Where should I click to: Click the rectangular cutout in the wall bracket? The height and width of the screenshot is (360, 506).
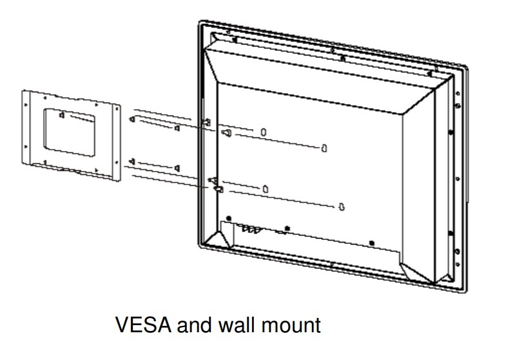(x=68, y=132)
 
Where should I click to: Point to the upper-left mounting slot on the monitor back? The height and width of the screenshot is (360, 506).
(x=264, y=131)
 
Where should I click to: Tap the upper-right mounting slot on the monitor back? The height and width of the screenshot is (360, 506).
(x=324, y=148)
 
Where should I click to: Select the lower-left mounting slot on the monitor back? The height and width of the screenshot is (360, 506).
(x=266, y=188)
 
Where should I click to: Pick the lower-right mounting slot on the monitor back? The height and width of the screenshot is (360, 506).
(x=341, y=206)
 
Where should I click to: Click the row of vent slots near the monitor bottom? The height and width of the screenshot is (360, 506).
(x=249, y=227)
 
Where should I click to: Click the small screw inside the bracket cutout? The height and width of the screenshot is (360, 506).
(x=61, y=116)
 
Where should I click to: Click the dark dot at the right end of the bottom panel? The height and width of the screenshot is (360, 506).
(x=371, y=242)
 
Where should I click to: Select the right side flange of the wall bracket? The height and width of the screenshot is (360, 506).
(x=117, y=142)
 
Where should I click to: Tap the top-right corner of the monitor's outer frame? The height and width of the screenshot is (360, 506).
(x=465, y=65)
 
